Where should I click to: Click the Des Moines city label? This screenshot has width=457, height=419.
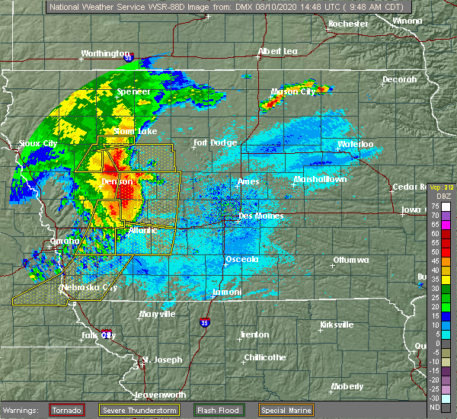(x=260, y=216)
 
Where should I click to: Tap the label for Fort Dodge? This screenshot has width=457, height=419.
(x=215, y=142)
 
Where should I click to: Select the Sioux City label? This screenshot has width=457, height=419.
(x=38, y=143)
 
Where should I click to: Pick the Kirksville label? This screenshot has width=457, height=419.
(x=336, y=325)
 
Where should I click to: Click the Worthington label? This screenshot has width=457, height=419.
(x=105, y=54)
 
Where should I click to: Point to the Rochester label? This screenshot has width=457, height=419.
(x=347, y=24)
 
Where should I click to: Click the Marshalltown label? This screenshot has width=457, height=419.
(x=320, y=180)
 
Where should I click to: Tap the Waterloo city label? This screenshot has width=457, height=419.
(x=356, y=144)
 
